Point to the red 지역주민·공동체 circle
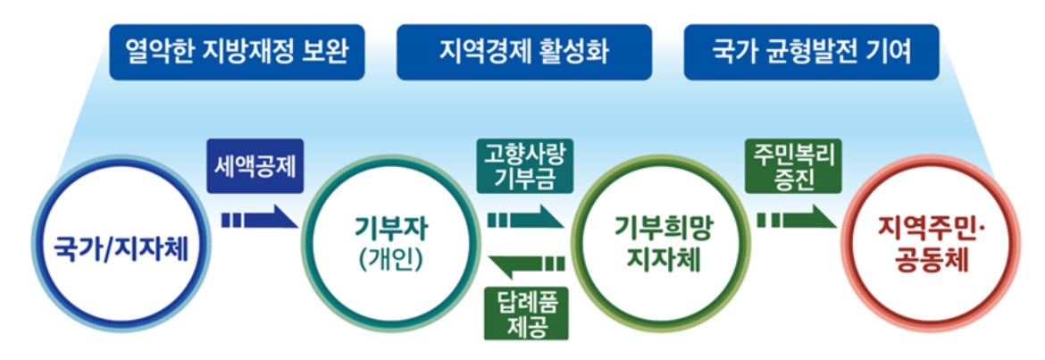click(926, 246)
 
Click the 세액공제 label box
click(254, 167)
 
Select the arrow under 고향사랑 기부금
click(525, 217)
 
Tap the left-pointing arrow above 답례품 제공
click(527, 264)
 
